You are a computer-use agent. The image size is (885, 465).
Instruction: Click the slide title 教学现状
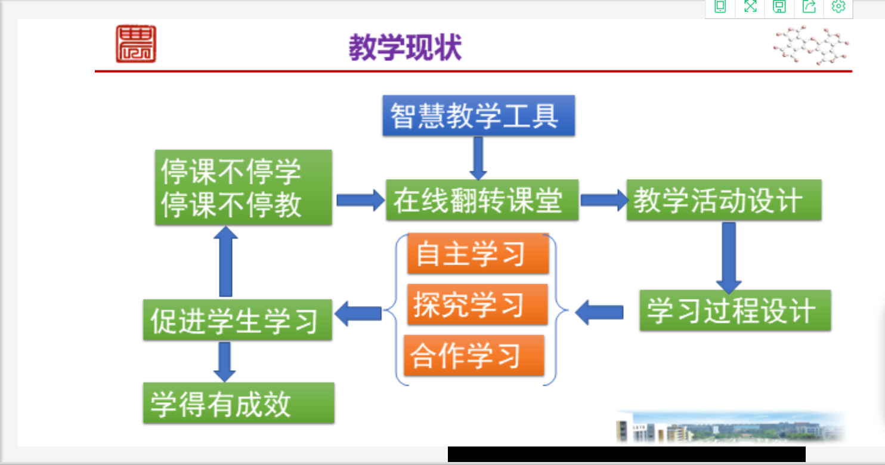[406, 48]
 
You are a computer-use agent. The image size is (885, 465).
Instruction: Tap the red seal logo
[136, 44]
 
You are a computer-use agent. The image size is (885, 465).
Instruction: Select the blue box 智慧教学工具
[478, 115]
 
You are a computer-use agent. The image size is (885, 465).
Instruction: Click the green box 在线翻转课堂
[481, 200]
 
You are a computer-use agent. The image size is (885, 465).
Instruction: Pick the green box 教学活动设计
[723, 200]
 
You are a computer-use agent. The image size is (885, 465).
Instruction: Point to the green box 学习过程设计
[735, 310]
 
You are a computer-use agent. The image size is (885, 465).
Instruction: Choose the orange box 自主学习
[478, 254]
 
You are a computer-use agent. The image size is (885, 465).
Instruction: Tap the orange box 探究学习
[477, 304]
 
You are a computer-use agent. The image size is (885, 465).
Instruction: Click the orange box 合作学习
[474, 356]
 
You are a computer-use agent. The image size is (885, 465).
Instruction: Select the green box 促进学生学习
[237, 320]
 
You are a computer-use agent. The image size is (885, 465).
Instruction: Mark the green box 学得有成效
[238, 404]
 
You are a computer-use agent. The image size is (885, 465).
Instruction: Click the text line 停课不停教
[231, 206]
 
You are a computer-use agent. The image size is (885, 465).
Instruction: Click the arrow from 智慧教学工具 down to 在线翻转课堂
[478, 158]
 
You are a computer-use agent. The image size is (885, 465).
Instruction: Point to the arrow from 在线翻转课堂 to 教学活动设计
[603, 200]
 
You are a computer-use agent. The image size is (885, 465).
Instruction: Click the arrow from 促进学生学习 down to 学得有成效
[225, 361]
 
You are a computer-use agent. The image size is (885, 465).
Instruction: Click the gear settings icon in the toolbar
[838, 7]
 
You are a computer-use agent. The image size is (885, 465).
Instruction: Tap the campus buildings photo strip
[731, 427]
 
